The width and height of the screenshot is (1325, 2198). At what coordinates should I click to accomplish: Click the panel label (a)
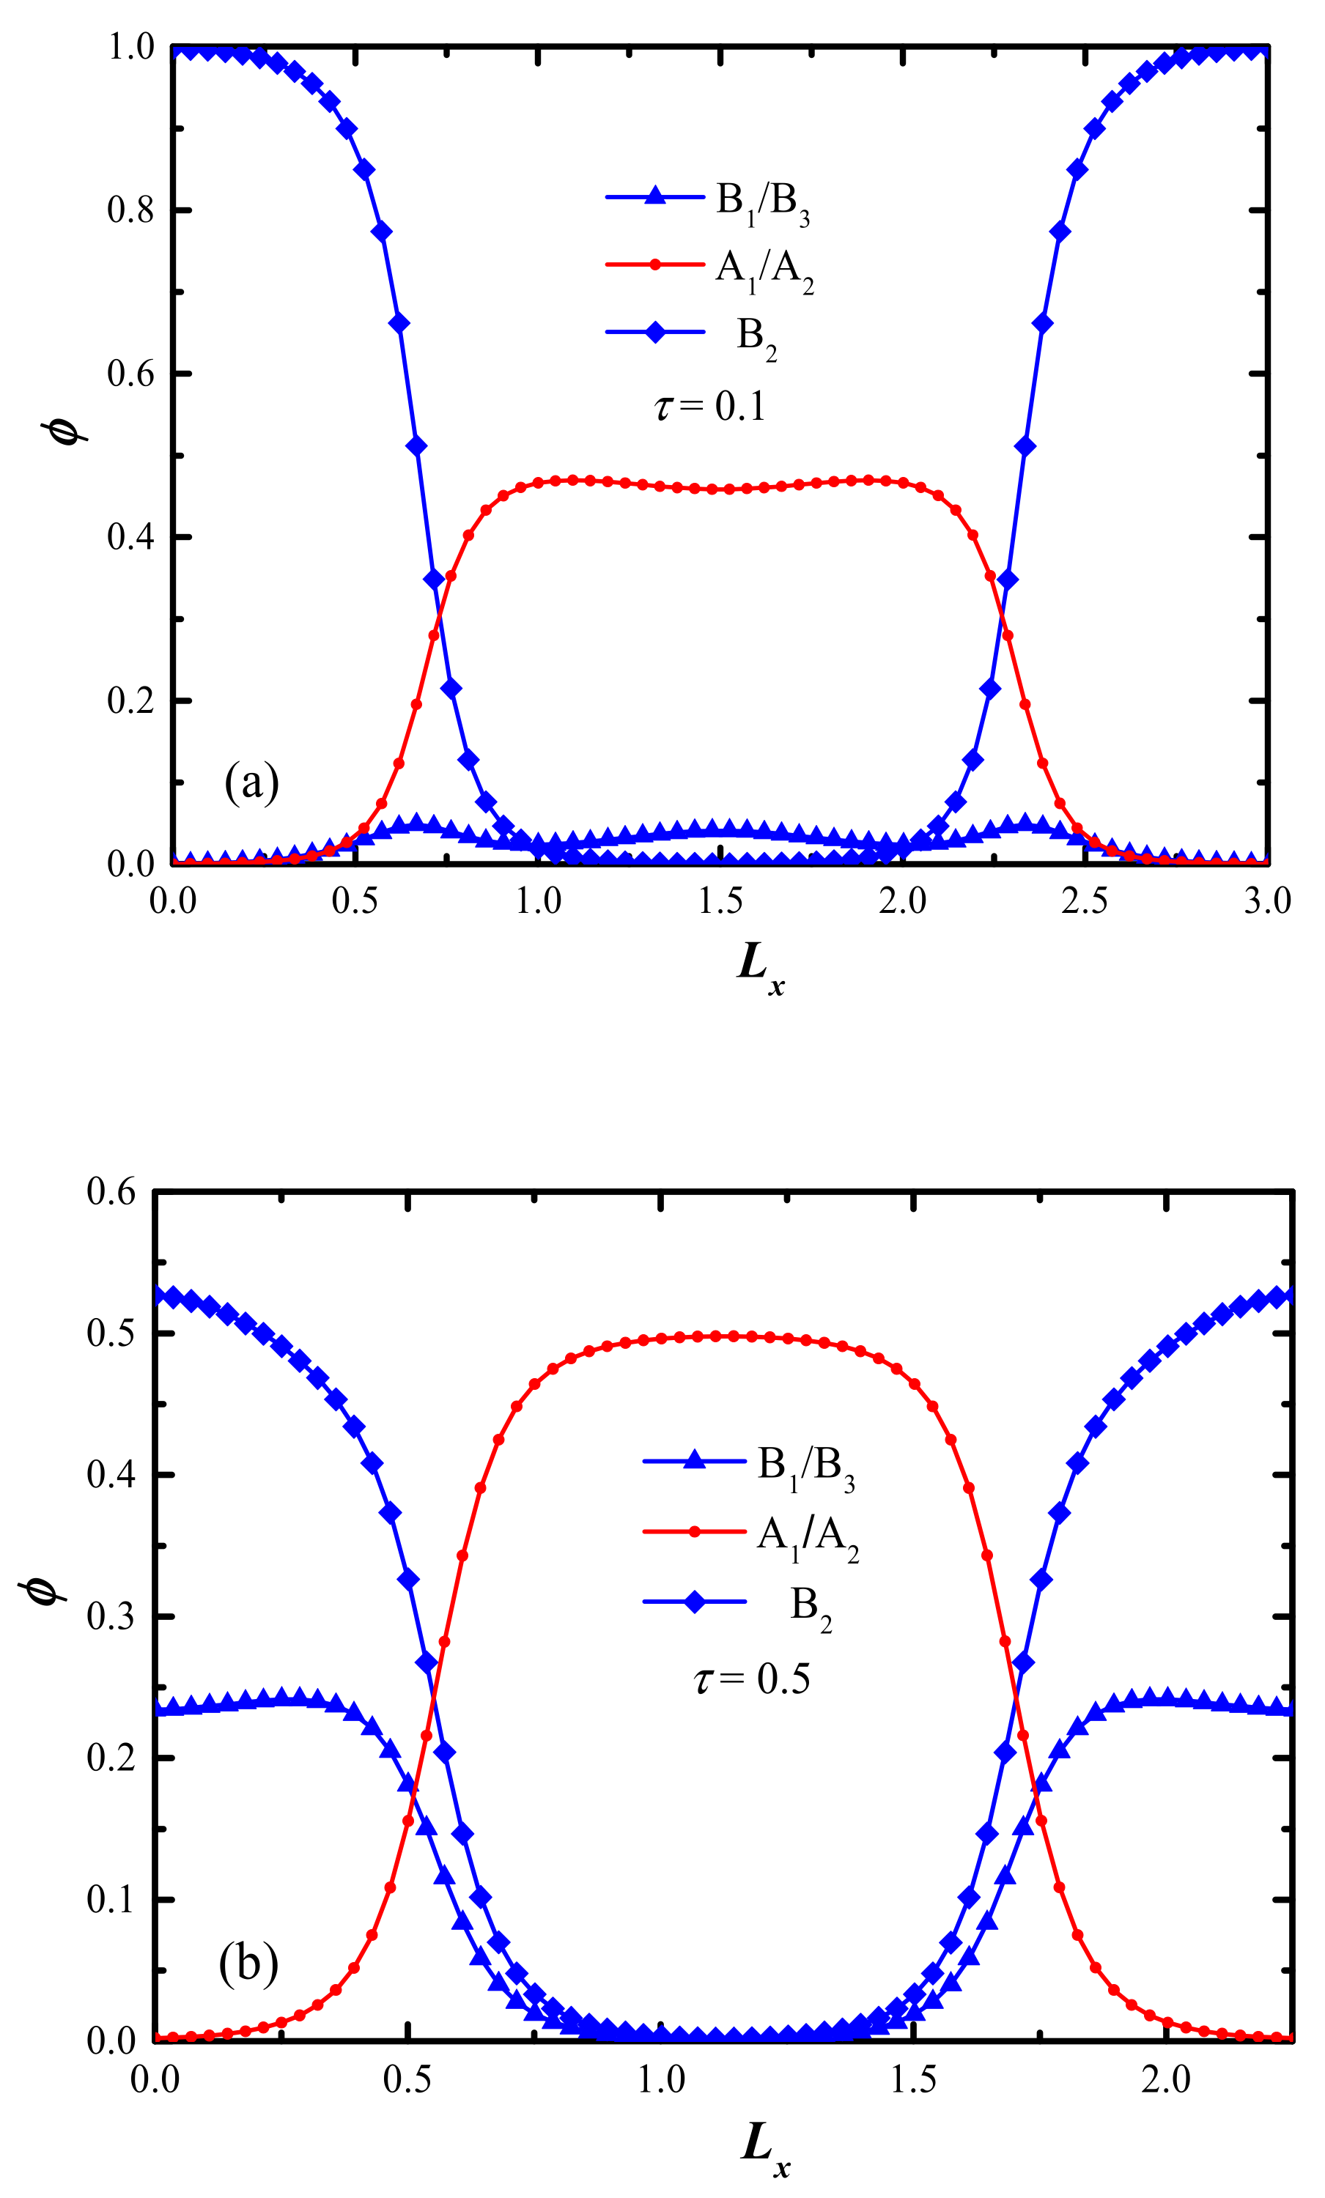click(251, 782)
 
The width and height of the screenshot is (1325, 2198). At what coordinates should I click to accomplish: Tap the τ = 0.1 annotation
click(709, 407)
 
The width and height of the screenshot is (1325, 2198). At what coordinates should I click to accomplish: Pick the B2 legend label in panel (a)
click(756, 336)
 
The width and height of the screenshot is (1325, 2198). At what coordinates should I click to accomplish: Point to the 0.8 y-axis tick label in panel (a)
click(130, 210)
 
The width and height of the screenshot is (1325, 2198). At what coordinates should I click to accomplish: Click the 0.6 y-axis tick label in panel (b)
click(111, 1192)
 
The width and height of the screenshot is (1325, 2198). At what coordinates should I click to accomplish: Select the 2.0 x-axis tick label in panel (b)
click(1165, 2079)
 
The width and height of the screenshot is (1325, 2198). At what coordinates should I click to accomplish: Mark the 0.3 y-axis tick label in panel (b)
click(111, 1616)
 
